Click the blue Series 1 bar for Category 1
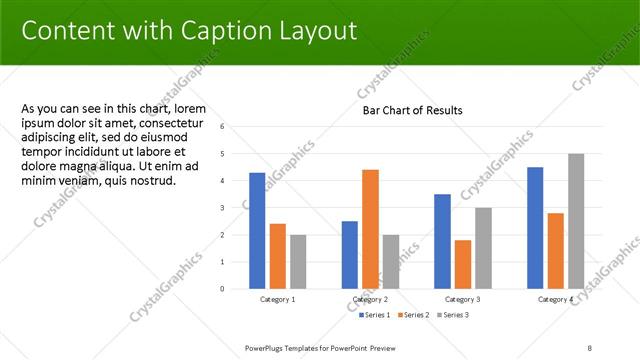(257, 231)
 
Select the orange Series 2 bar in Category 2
(370, 229)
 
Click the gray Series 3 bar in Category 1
(298, 262)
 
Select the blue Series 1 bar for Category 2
(350, 255)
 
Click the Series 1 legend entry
(376, 315)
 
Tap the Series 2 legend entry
(415, 315)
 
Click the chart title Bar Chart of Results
(412, 110)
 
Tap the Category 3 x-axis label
(463, 299)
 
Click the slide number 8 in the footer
(590, 348)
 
